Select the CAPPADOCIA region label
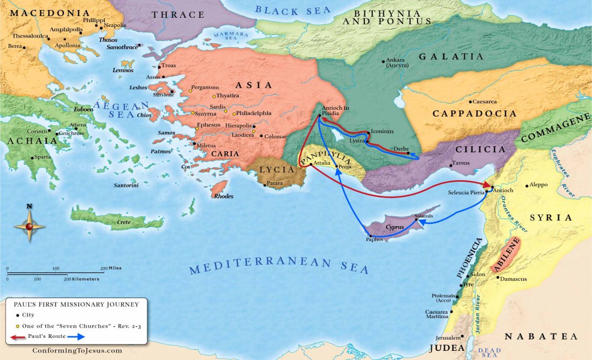[475, 114]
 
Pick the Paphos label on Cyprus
[375, 239]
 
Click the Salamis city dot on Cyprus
[417, 220]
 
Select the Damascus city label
[513, 279]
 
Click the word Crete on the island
[124, 221]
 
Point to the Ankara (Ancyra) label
[398, 62]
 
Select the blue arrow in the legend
[76, 337]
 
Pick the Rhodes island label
[224, 196]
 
